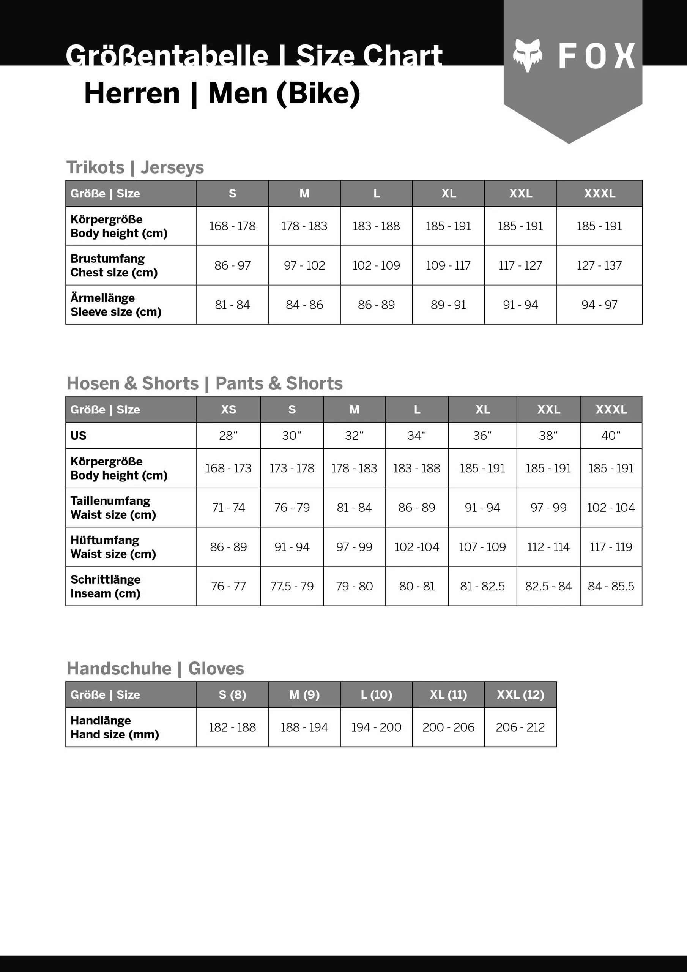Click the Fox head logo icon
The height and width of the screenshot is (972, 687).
pos(528,55)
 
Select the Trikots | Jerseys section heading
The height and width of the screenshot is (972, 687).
pos(135,167)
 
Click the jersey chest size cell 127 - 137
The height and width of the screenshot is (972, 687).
pos(599,265)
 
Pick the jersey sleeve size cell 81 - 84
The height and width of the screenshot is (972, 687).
pos(232,305)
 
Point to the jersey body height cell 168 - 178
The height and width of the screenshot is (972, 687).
pos(232,226)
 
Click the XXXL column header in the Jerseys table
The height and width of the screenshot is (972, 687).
pos(599,194)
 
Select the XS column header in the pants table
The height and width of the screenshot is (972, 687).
pos(228,409)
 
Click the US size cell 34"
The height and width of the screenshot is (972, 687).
pos(416,436)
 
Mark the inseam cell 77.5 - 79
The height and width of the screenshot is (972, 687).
pos(292,586)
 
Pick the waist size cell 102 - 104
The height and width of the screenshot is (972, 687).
pos(611,508)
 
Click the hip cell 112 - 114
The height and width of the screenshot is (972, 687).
pos(548,547)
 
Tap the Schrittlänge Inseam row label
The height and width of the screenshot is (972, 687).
pos(106,586)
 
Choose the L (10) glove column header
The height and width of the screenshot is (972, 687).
pos(376,695)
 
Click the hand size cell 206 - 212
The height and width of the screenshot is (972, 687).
pos(520,727)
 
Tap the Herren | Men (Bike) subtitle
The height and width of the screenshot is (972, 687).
pos(222,93)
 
